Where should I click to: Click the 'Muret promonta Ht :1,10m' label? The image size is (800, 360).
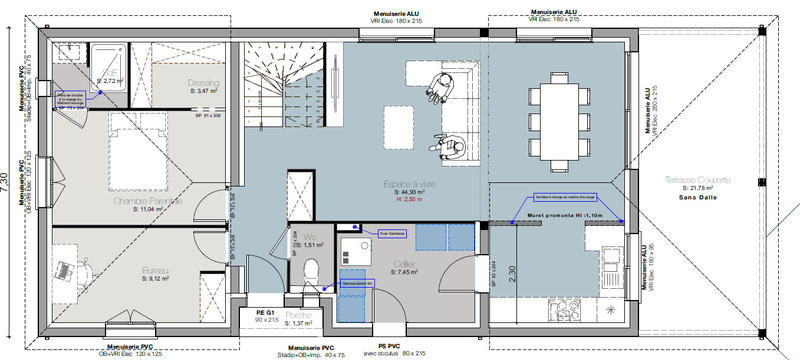point(566,215)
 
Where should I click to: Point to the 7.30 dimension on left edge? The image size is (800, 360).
point(6,180)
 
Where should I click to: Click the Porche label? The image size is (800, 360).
point(300,315)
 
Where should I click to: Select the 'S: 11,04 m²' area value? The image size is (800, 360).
point(147,209)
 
